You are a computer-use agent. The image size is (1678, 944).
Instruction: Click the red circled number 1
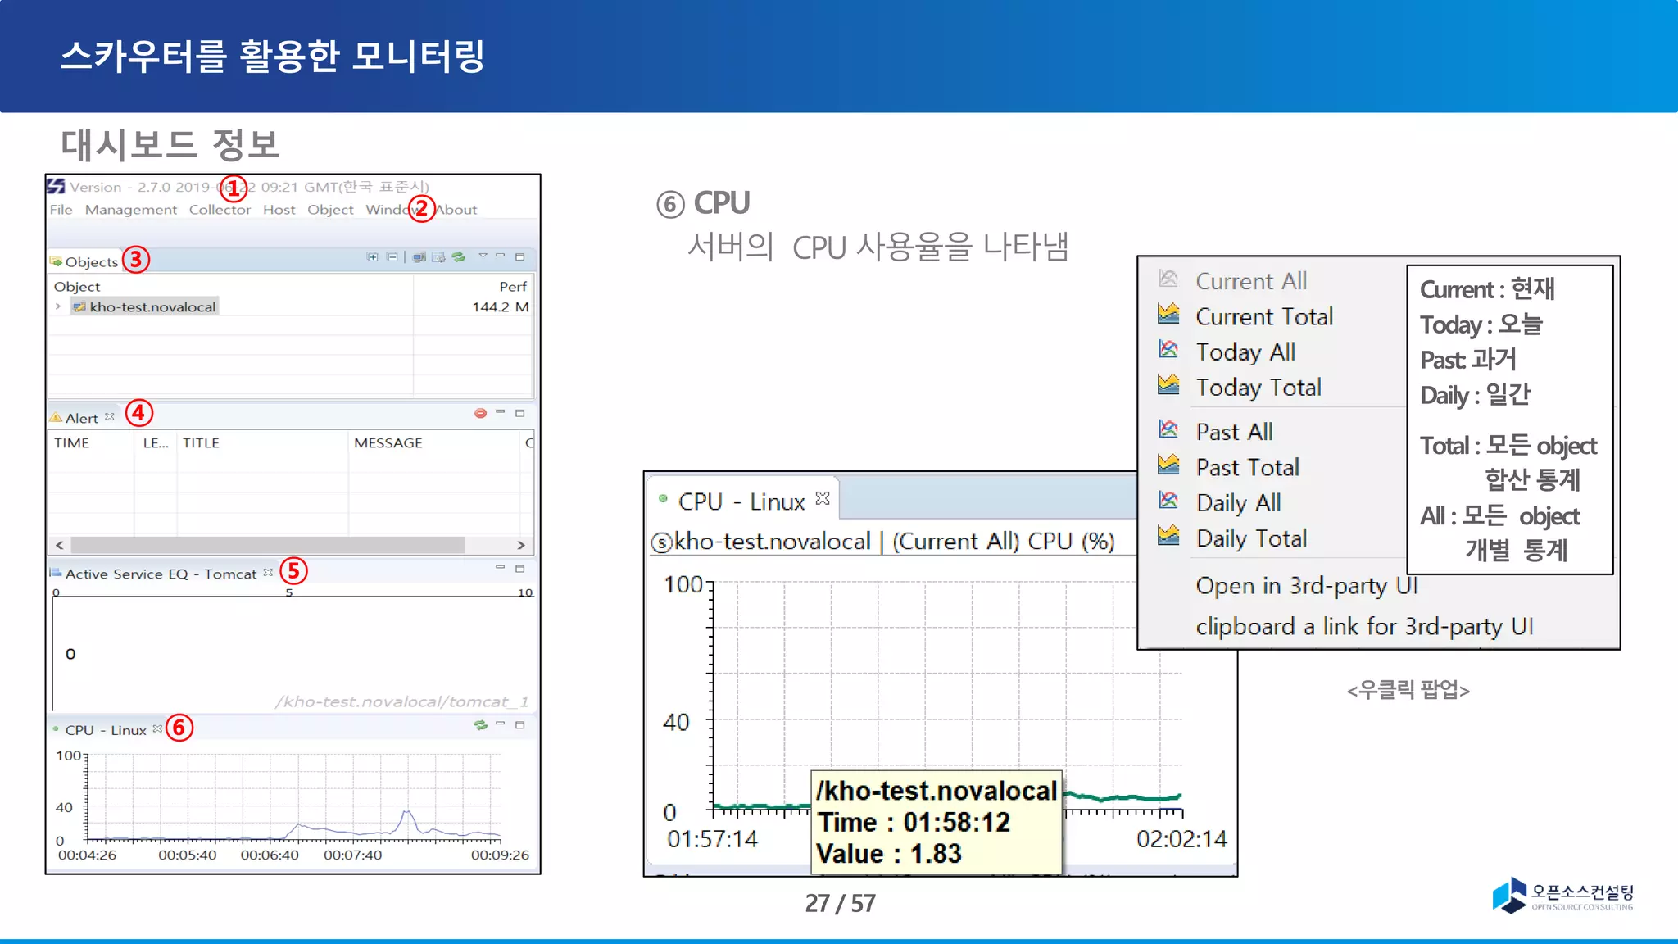tap(234, 188)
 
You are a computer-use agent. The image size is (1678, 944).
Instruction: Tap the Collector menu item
tap(220, 210)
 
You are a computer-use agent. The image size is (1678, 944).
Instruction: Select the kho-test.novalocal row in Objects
tap(152, 307)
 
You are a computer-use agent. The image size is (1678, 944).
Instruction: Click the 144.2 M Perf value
tap(500, 307)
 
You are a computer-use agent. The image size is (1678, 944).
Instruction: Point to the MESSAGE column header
tap(388, 443)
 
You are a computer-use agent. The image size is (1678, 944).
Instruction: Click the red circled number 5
tap(293, 571)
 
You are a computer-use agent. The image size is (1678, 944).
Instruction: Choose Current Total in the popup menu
tap(1263, 316)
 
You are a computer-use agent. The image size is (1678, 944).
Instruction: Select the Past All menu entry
tap(1234, 432)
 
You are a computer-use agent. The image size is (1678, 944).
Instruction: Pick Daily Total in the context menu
tap(1251, 538)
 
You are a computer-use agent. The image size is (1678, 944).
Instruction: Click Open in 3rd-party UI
tap(1306, 586)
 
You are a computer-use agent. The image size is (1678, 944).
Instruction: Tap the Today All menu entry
tap(1245, 352)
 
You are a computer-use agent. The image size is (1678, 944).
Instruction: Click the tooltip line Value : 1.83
tap(889, 854)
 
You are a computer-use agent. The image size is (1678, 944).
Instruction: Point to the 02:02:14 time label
tap(1181, 839)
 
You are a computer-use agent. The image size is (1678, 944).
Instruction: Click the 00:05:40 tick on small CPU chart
tap(188, 855)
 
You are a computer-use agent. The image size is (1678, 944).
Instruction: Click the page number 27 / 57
tap(840, 903)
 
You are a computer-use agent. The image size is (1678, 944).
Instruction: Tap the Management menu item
tap(131, 210)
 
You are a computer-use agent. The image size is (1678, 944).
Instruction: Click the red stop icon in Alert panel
tap(480, 414)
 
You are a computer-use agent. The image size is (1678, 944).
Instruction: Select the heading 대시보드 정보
tap(170, 145)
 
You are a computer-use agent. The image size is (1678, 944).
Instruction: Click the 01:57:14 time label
tap(712, 839)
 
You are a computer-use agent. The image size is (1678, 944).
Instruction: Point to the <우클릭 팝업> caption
tap(1408, 691)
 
